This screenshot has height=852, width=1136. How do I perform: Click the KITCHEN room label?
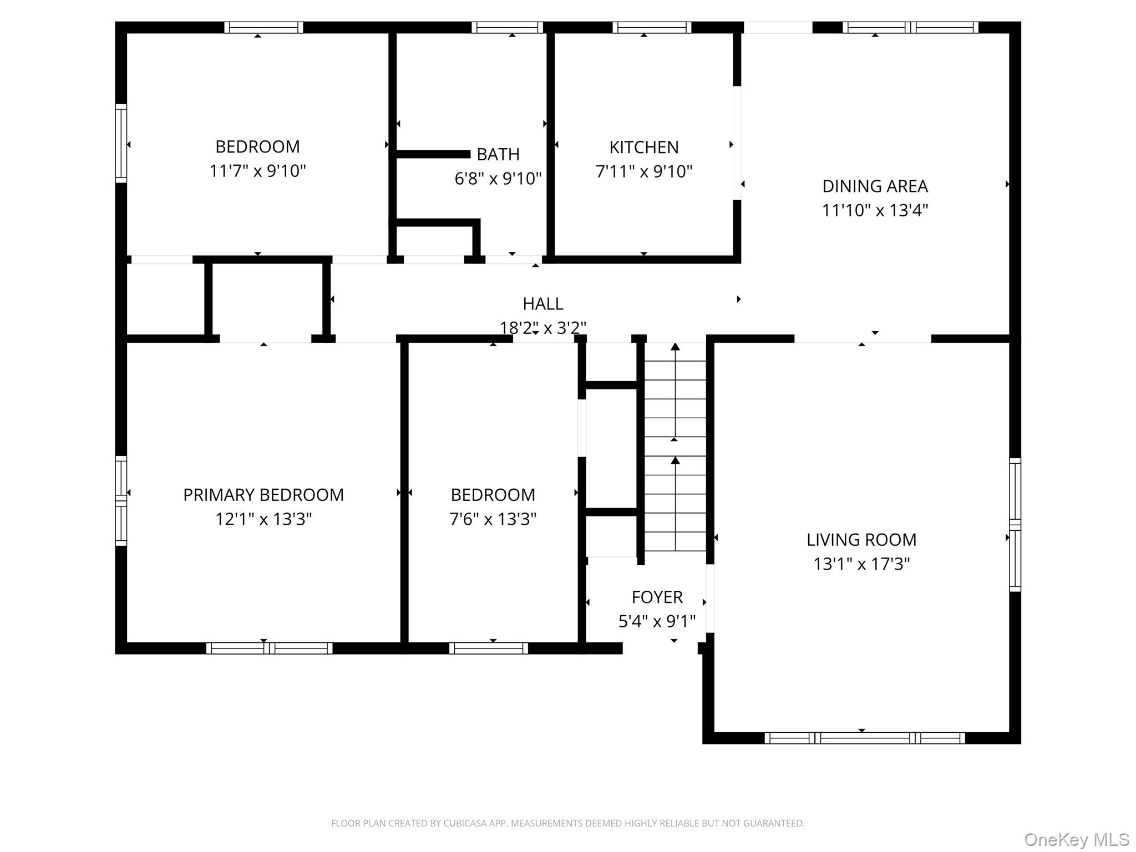pyautogui.click(x=643, y=147)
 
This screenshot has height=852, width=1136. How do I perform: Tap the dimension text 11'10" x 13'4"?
pyautogui.click(x=874, y=210)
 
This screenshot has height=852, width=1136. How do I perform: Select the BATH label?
pyautogui.click(x=498, y=154)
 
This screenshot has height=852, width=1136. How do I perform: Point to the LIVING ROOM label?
pyautogui.click(x=861, y=539)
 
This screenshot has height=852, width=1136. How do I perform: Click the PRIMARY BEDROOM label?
pyautogui.click(x=263, y=494)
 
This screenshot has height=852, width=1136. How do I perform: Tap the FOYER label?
pyautogui.click(x=657, y=597)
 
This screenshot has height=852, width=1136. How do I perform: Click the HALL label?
pyautogui.click(x=542, y=303)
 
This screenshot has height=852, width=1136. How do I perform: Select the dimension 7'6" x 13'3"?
pyautogui.click(x=493, y=519)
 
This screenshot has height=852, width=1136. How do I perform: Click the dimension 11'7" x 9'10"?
pyautogui.click(x=257, y=171)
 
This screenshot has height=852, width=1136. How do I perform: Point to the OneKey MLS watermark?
pyautogui.click(x=1076, y=840)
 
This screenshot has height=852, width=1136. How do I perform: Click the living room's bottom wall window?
pyautogui.click(x=864, y=738)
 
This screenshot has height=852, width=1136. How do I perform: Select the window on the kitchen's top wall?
pyautogui.click(x=652, y=27)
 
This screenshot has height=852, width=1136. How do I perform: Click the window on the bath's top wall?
pyautogui.click(x=507, y=27)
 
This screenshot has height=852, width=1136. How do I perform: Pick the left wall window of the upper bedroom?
pyautogui.click(x=121, y=143)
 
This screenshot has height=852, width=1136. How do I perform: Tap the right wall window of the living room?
pyautogui.click(x=1015, y=525)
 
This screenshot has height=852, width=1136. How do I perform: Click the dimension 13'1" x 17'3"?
pyautogui.click(x=861, y=564)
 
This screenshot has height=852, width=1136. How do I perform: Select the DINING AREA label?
pyautogui.click(x=874, y=186)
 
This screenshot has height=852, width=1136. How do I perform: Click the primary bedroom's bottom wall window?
pyautogui.click(x=269, y=648)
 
